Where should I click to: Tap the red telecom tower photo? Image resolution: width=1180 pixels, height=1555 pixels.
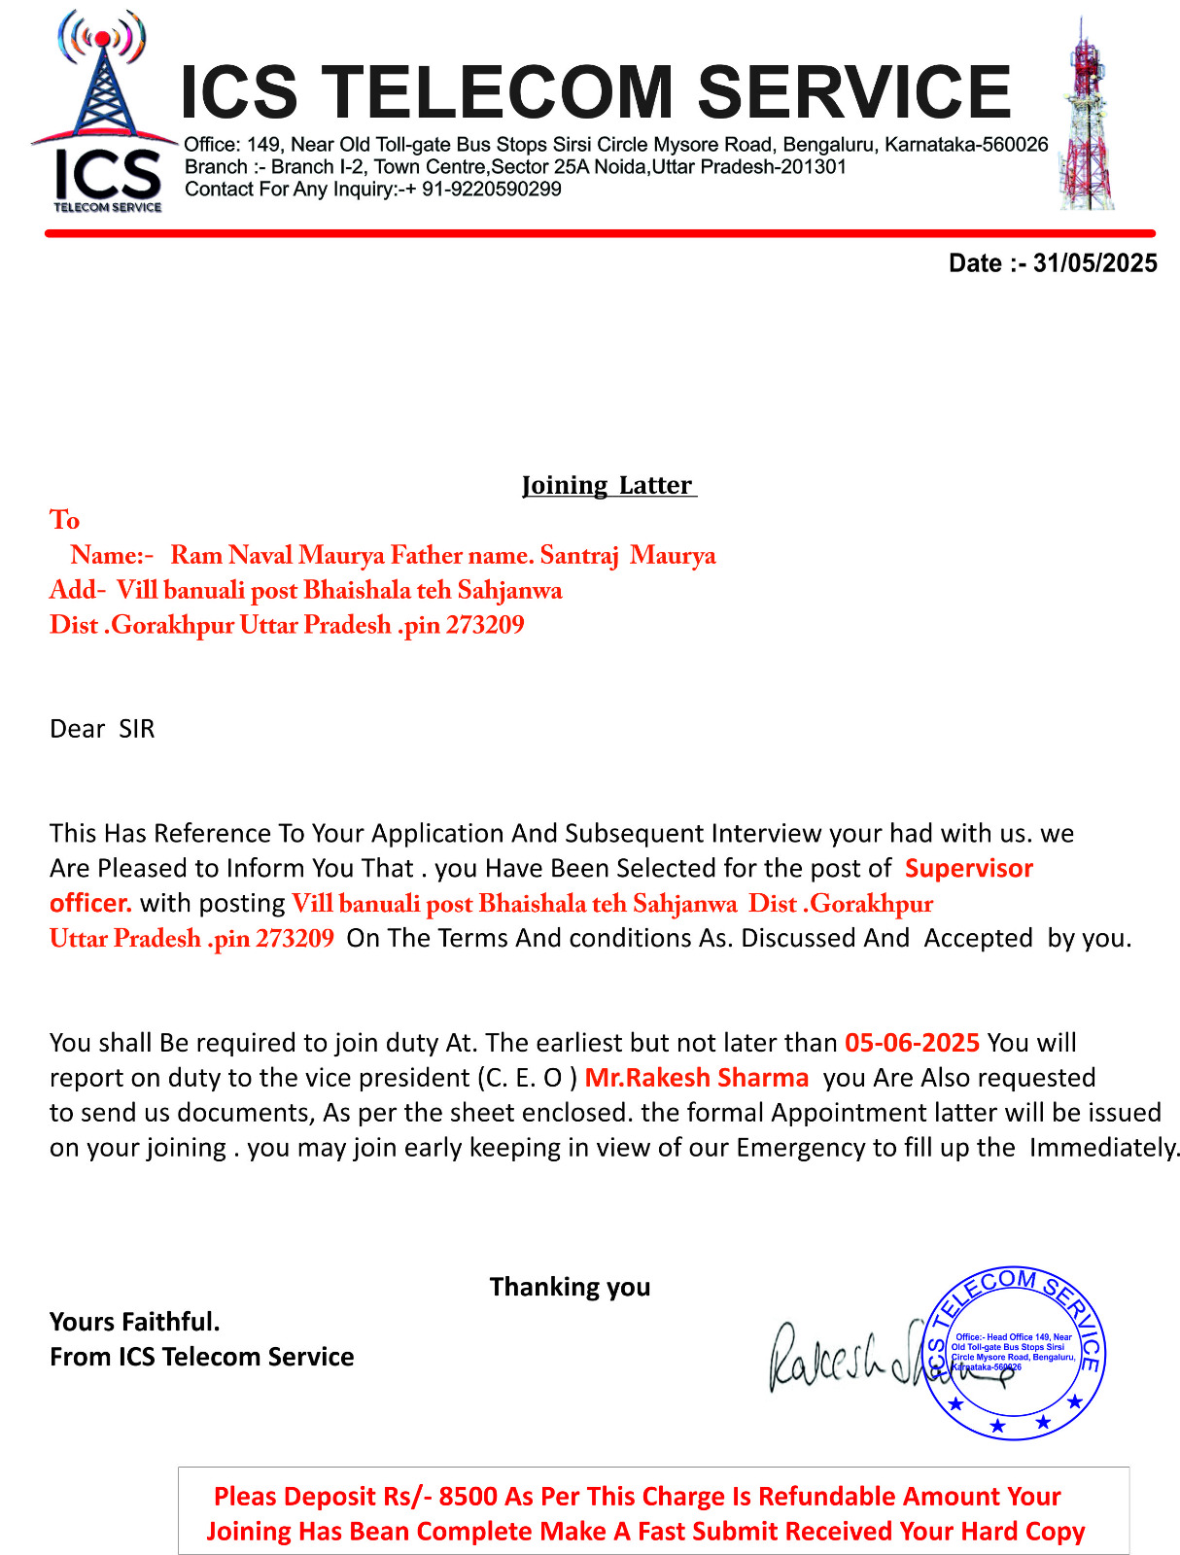click(x=1086, y=115)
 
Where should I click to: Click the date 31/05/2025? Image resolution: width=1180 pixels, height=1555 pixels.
click(x=1094, y=263)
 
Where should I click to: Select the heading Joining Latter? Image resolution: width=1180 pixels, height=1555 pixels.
click(x=607, y=485)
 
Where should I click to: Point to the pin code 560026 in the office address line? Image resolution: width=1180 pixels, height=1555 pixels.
click(x=1015, y=145)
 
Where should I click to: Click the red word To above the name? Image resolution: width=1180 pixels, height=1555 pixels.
click(x=65, y=520)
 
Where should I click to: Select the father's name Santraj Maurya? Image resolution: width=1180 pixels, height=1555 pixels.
click(x=628, y=555)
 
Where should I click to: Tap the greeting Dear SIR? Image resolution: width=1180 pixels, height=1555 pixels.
click(x=102, y=729)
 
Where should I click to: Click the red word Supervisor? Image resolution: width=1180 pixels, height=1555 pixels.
click(x=969, y=868)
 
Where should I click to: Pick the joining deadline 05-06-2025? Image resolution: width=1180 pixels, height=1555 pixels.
click(x=912, y=1043)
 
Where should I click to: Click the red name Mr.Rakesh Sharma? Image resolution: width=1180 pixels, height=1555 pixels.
click(x=697, y=1078)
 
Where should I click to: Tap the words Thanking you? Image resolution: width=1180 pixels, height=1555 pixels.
click(x=570, y=1287)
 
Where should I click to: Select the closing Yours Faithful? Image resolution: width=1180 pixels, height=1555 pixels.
click(x=135, y=1322)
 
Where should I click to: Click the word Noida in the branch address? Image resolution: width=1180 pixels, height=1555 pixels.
click(x=621, y=167)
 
